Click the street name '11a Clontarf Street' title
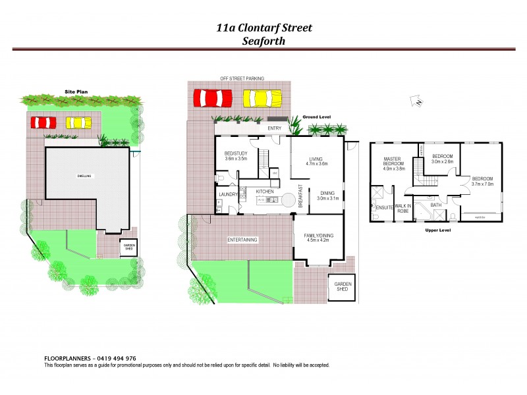[x=263, y=28]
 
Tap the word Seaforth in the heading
[x=263, y=40]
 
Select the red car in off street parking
[x=213, y=98]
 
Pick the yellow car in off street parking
[x=262, y=98]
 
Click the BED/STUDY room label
[x=235, y=156]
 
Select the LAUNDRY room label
[x=228, y=195]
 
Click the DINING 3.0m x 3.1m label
[x=327, y=195]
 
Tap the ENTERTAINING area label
[x=242, y=239]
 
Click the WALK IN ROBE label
[x=403, y=209]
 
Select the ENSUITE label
[x=384, y=208]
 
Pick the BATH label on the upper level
[x=435, y=205]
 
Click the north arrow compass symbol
[x=416, y=100]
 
